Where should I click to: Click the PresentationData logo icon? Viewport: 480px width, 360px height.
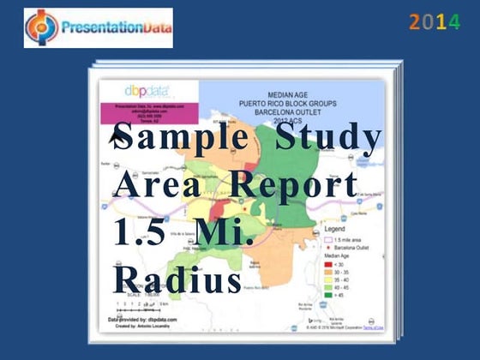[42, 27]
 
